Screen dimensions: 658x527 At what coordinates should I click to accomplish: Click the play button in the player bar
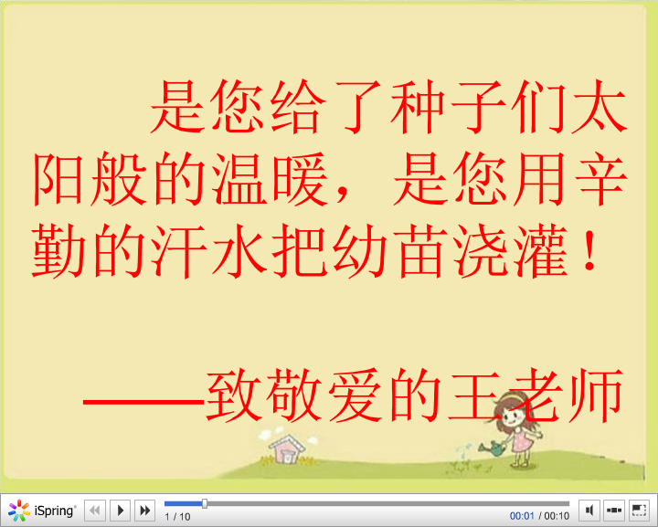pos(121,511)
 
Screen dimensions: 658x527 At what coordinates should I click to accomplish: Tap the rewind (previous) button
pos(95,511)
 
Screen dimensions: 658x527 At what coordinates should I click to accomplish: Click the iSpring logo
pos(42,511)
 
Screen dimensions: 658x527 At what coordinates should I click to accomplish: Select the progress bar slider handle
pos(205,503)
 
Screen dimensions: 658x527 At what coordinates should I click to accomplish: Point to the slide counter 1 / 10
pos(177,517)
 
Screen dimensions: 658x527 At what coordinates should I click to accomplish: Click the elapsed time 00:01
pos(522,516)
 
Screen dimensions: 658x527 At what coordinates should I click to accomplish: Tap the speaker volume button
pos(589,511)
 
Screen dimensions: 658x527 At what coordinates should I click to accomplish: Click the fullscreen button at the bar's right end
pos(639,511)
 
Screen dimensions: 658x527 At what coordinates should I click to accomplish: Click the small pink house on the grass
pos(287,449)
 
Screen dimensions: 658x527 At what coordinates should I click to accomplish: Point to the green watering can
pos(493,448)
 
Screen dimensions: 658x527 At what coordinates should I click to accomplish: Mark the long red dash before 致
pos(144,402)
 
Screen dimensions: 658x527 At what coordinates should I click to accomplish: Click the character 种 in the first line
pos(418,107)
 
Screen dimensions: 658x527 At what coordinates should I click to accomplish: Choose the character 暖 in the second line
pos(300,179)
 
